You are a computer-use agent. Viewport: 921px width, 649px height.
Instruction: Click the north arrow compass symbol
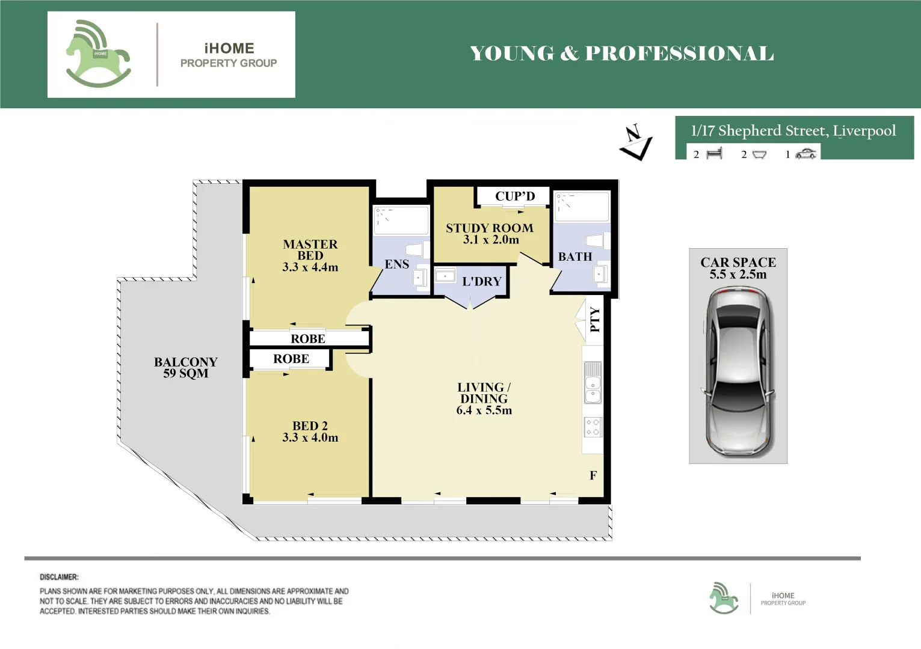(x=636, y=142)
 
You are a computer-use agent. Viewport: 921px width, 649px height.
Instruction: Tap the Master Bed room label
(x=310, y=250)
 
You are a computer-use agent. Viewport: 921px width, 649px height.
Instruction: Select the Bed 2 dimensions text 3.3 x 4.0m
(x=310, y=437)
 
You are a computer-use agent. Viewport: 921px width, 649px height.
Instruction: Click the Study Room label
(x=490, y=228)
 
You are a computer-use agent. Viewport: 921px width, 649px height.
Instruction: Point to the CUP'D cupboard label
(x=515, y=197)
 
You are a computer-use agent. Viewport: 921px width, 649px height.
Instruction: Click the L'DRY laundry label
(x=482, y=281)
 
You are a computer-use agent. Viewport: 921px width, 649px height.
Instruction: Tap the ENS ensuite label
(x=397, y=264)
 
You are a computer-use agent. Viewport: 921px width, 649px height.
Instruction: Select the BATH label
(x=575, y=257)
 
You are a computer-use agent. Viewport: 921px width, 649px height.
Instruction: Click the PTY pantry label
(x=595, y=320)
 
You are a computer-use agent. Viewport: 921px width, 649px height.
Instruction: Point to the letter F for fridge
(x=593, y=475)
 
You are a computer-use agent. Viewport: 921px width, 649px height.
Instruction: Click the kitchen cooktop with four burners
(x=593, y=427)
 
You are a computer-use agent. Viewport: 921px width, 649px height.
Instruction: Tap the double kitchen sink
(x=593, y=382)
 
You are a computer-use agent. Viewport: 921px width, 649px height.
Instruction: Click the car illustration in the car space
(x=738, y=373)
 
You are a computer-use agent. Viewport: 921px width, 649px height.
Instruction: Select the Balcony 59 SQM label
(x=186, y=368)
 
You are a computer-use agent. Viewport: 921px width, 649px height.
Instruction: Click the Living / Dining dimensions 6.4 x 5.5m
(x=484, y=410)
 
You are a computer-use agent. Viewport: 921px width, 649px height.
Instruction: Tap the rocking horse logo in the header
(x=98, y=53)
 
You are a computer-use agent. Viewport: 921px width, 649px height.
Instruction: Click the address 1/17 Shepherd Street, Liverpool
(x=793, y=130)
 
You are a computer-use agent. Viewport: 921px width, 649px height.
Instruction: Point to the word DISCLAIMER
(x=59, y=577)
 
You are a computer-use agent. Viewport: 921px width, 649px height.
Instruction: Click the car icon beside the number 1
(x=806, y=154)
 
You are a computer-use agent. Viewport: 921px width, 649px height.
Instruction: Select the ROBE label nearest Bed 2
(x=291, y=359)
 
